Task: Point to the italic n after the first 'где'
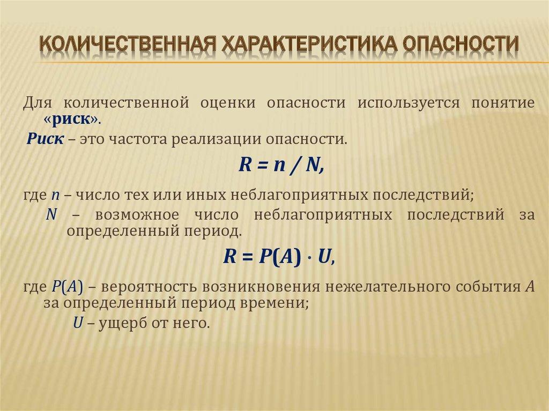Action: pos(55,195)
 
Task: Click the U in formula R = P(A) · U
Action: pos(324,257)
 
